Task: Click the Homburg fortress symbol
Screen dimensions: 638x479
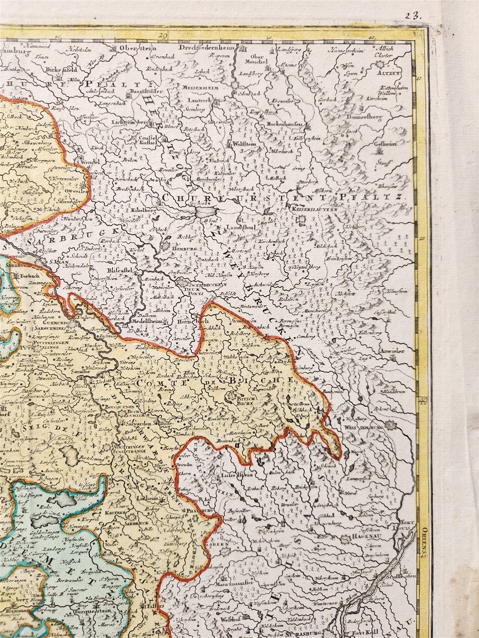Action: click(165, 247)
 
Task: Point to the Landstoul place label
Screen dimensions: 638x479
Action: click(237, 226)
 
